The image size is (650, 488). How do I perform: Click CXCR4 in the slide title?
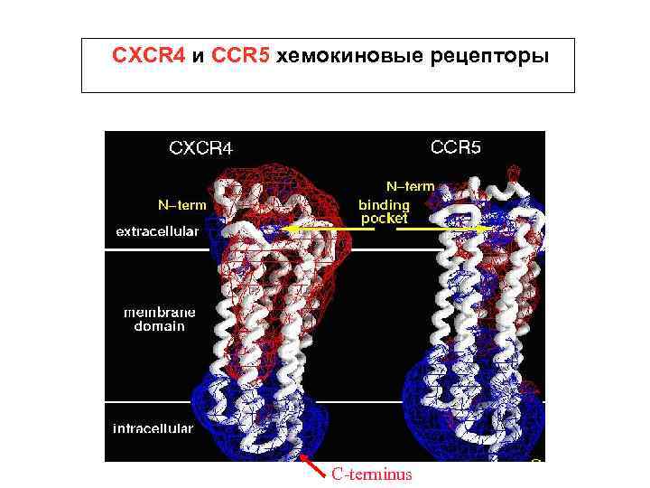149,56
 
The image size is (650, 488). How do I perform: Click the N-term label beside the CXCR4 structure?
181,204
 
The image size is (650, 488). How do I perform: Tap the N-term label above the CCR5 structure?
410,186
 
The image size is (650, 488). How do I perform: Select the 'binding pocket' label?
384,211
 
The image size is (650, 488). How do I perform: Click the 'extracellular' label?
157,231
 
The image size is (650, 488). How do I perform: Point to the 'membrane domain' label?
153,319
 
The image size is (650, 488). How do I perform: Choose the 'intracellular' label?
153,428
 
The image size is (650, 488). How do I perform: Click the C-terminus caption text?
371,474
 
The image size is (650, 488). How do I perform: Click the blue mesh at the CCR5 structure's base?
469,416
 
